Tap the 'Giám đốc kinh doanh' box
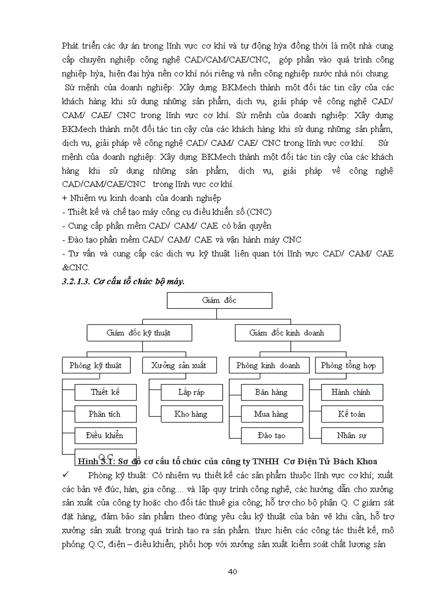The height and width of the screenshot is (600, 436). tap(287, 333)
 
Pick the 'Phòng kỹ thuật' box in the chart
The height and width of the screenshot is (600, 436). tap(96, 365)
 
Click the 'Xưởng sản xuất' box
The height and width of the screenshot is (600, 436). tap(174, 365)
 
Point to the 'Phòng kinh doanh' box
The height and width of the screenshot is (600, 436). tap(269, 365)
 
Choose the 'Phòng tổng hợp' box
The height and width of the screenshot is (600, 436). tap(348, 365)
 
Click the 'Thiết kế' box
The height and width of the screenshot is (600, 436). tap(105, 392)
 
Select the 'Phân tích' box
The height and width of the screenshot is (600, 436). tap(105, 414)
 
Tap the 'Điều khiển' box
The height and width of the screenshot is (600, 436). tap(105, 435)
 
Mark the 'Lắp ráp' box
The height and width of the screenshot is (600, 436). tap(191, 392)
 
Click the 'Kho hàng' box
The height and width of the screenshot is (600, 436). tap(191, 414)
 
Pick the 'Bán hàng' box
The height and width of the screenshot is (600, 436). tap(271, 392)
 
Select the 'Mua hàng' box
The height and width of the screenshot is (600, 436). tap(271, 414)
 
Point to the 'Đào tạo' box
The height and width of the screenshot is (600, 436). tap(271, 435)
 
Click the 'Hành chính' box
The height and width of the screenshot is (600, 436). tap(352, 392)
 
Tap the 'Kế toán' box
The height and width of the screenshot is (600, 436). tap(352, 414)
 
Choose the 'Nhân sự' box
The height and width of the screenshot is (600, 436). tap(352, 435)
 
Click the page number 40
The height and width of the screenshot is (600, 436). tap(232, 572)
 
